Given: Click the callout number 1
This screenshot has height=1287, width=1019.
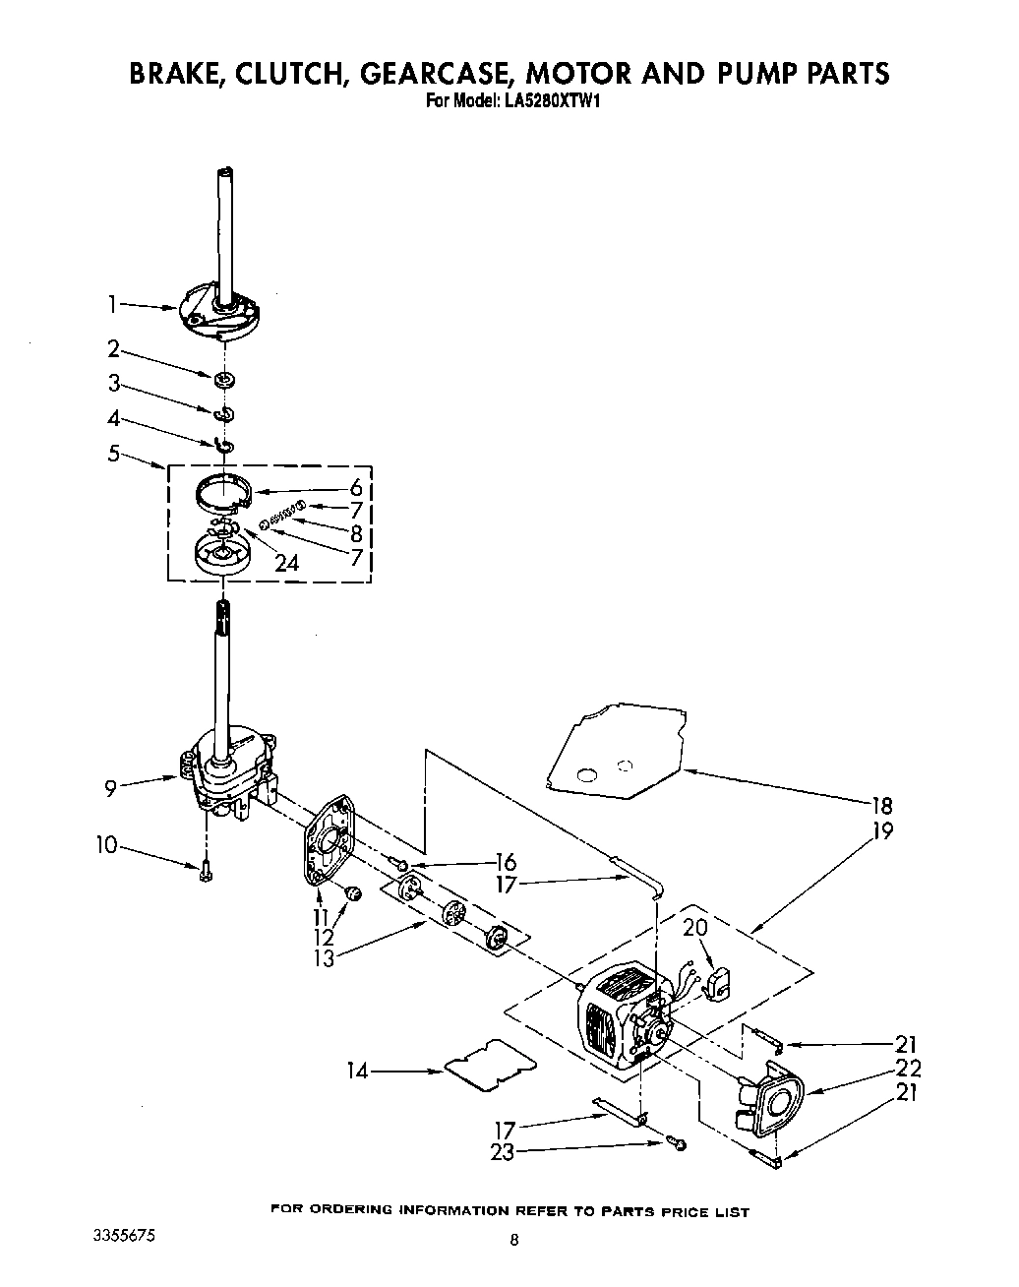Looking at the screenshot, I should [114, 305].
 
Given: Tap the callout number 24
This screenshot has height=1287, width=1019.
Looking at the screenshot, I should [287, 564].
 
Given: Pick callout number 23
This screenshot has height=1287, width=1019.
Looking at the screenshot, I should [502, 1152].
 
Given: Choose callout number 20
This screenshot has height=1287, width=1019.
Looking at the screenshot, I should [695, 928].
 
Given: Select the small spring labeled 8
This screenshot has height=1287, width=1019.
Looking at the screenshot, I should [281, 512].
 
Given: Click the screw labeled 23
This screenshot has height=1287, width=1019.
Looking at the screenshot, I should [677, 1142].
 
